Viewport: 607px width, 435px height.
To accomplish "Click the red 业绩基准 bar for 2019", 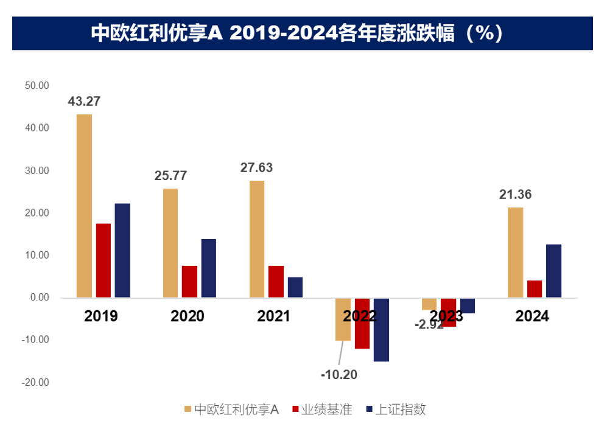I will click(104, 260).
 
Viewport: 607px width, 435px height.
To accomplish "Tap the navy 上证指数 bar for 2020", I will click(209, 268).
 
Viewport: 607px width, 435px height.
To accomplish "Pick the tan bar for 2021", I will click(257, 239).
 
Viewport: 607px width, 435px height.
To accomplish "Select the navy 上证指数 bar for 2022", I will click(382, 330).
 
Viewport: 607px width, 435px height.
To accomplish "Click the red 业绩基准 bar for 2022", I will click(362, 323).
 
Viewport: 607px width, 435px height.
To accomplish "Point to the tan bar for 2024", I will click(515, 252).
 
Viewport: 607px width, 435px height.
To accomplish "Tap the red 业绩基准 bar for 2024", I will click(535, 289).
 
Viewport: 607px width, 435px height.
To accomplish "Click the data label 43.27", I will click(83, 102).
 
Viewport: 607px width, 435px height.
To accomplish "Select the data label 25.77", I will click(170, 176).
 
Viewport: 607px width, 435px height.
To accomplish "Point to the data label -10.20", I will click(339, 374).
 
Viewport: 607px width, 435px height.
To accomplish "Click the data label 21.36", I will click(514, 195).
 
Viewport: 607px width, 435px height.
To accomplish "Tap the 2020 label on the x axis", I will click(188, 316).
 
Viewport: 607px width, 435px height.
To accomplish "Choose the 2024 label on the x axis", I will click(532, 316).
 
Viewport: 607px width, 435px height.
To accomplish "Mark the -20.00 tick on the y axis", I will click(35, 383).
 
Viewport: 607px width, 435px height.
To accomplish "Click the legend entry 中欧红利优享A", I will click(231, 409).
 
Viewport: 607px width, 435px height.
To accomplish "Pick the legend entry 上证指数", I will click(395, 409).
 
